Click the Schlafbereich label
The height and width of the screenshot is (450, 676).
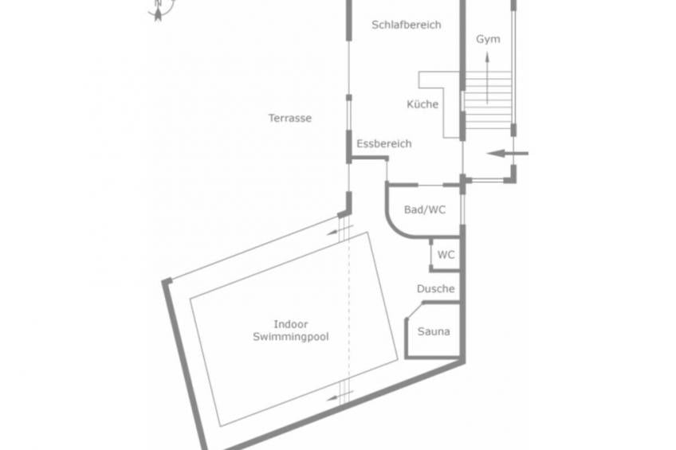[406, 25]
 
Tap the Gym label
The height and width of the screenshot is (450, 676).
[488, 39]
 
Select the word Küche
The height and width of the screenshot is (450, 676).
[422, 104]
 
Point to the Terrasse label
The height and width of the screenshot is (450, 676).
[289, 118]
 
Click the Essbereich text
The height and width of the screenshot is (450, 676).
[383, 143]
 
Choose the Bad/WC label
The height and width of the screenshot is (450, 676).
[425, 209]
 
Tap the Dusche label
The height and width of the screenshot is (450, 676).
[435, 288]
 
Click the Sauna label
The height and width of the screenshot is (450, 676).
[434, 331]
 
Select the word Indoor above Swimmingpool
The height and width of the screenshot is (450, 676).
[291, 324]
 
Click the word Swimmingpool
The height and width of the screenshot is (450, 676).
[291, 337]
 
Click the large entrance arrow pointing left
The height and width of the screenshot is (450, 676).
[508, 153]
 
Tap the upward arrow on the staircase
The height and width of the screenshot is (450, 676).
[487, 78]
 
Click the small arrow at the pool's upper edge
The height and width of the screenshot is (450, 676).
[340, 230]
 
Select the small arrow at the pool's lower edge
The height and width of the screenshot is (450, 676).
[340, 396]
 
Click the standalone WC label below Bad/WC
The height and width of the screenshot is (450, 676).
[446, 255]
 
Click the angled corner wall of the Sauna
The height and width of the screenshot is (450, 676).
[415, 311]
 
